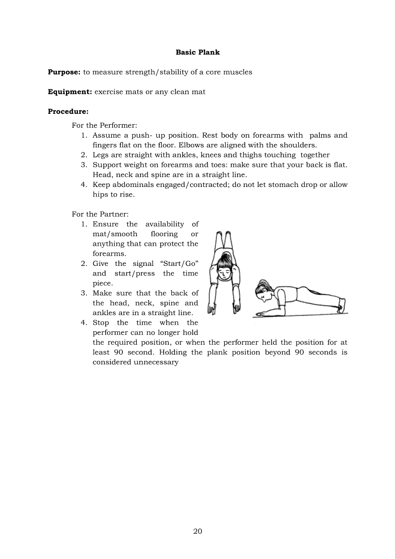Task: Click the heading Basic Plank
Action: coord(197,52)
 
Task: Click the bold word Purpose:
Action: coord(64,72)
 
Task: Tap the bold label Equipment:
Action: coord(70,92)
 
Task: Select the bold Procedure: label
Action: coord(68,111)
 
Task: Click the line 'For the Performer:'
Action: coord(104,126)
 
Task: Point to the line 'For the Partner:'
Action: coord(100,214)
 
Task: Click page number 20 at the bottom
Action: coord(197,531)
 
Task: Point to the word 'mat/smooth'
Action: coord(115,234)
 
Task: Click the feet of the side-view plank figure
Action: coord(341,305)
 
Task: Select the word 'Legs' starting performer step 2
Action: coord(100,155)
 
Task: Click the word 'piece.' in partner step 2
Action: coord(102,283)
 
